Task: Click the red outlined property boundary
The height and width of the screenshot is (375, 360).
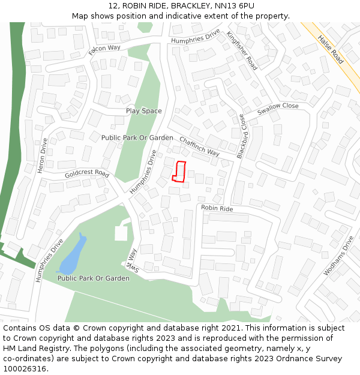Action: [x=179, y=171]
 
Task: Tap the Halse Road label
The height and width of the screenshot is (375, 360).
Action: [x=330, y=49]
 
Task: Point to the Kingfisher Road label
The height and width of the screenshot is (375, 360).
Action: [x=242, y=51]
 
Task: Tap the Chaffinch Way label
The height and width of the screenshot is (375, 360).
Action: [x=199, y=146]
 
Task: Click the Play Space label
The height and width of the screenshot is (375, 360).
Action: [x=143, y=111]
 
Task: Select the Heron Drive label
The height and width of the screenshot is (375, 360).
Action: [x=43, y=155]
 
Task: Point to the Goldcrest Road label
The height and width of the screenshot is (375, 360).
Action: [x=87, y=174]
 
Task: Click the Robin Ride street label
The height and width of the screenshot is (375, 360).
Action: [x=217, y=209]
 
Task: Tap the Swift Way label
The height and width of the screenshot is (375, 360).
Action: [x=131, y=260]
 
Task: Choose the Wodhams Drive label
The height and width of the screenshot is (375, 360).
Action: [x=340, y=256]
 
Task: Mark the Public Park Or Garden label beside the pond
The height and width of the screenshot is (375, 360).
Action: [x=93, y=278]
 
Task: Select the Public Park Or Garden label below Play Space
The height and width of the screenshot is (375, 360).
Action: [x=137, y=138]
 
